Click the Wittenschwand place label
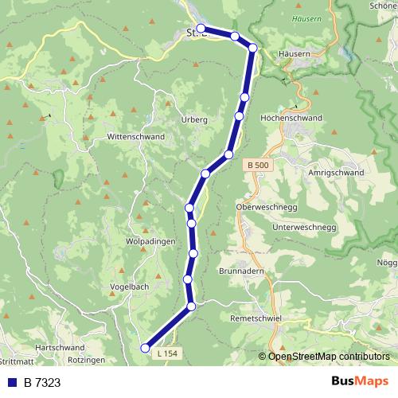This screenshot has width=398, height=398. coord(135,137)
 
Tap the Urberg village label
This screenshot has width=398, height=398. coord(194,119)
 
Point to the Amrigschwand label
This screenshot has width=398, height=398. coord(335,173)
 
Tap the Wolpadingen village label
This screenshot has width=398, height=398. coord(150,240)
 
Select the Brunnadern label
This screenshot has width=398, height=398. coord(242,271)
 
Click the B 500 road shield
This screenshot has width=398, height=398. coord(258,165)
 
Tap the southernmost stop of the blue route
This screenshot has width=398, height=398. coord(145,347)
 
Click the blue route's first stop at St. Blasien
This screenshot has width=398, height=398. coord(201,29)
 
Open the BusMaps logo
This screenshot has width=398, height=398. coord(359,382)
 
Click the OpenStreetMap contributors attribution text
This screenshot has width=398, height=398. coord(329,356)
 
